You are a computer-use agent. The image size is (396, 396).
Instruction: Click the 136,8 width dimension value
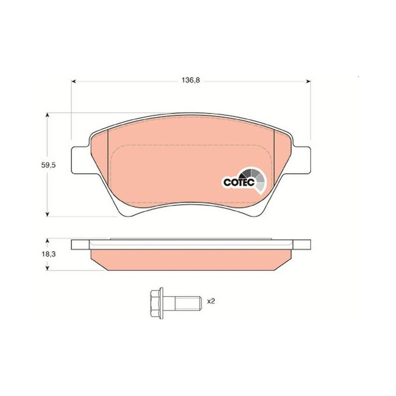191,80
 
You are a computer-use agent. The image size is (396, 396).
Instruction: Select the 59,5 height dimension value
48,165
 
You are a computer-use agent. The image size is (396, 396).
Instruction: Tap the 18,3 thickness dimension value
49,254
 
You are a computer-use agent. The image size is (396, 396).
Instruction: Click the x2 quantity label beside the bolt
211,301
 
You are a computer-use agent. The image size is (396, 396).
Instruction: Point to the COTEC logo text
239,182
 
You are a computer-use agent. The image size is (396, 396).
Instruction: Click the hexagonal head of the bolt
156,303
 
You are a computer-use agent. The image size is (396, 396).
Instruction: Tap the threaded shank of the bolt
188,303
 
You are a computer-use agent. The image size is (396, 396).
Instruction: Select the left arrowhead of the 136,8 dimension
74,81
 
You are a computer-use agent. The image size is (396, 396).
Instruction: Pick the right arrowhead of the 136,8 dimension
308,81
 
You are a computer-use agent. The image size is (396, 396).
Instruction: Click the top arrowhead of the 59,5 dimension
47,116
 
